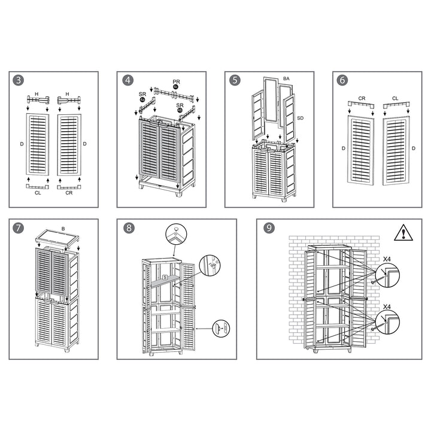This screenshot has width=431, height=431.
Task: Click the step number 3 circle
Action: (x=20, y=80)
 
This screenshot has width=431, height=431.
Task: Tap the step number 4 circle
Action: (x=128, y=80)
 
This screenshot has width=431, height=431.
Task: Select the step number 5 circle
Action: (x=235, y=80)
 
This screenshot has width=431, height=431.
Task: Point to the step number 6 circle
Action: (x=342, y=80)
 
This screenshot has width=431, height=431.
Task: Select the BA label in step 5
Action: (x=286, y=78)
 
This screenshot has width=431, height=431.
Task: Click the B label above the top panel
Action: (x=63, y=227)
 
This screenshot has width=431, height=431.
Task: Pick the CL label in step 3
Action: (x=37, y=193)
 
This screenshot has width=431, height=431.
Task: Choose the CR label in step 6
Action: (x=362, y=98)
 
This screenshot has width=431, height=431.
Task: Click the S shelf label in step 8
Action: (x=164, y=277)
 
